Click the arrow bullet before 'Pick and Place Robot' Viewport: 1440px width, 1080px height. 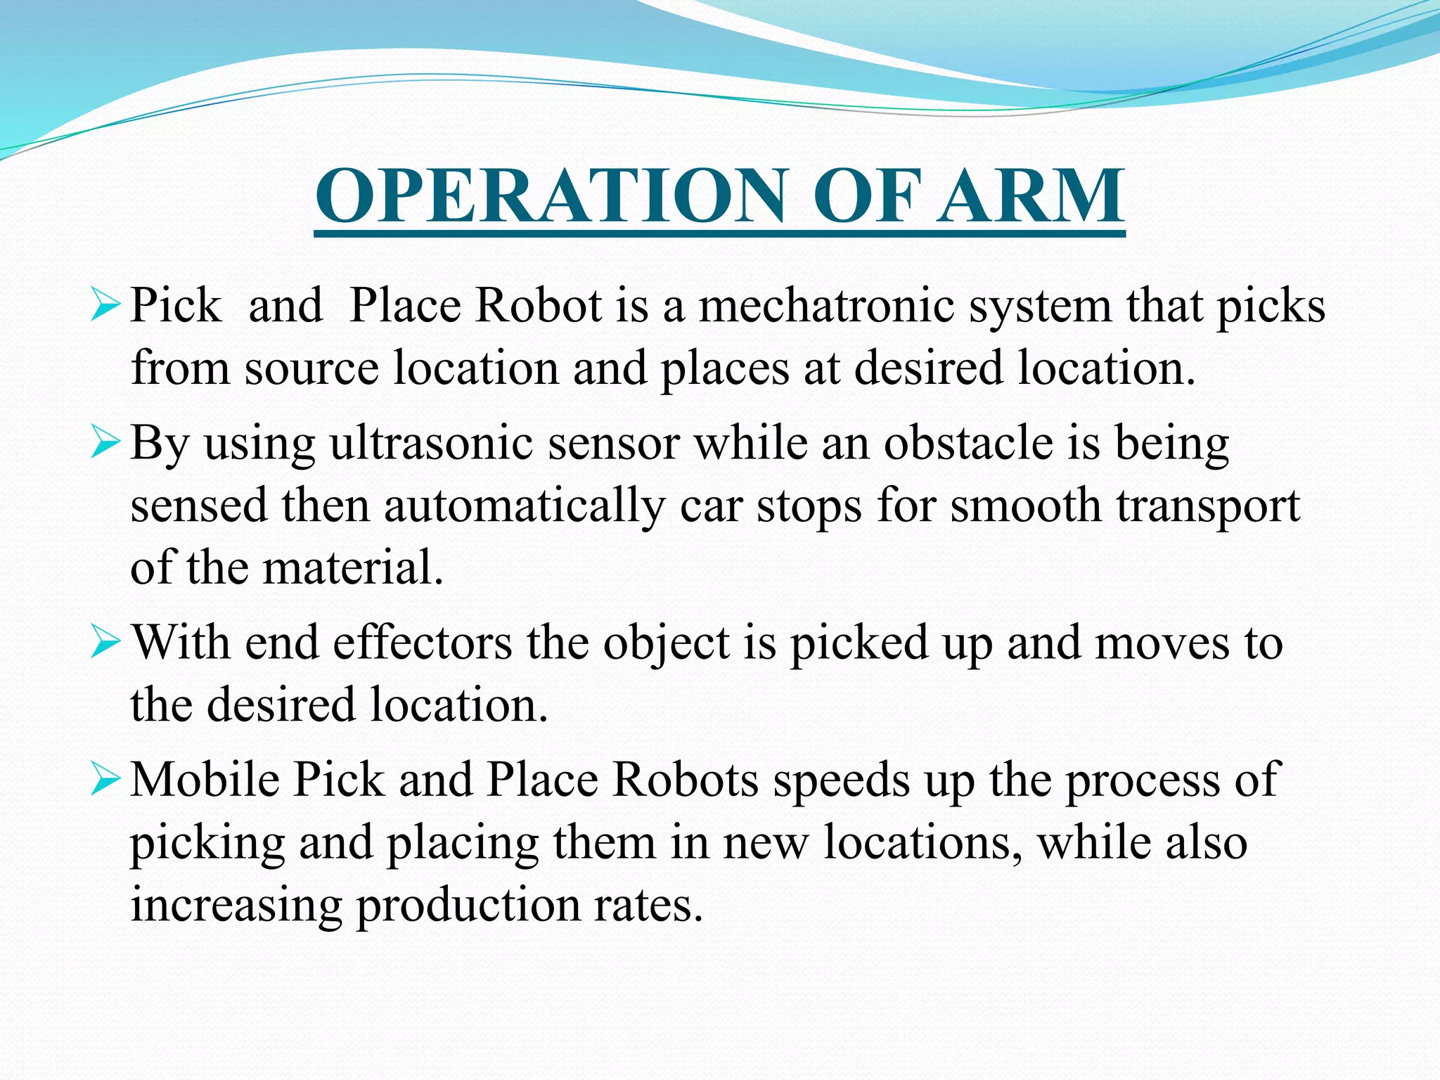pyautogui.click(x=106, y=307)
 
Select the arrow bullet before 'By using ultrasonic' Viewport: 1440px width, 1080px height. pyautogui.click(x=106, y=444)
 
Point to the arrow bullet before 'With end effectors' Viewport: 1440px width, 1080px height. pyautogui.click(x=106, y=644)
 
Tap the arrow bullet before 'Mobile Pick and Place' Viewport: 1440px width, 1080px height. pyautogui.click(x=106, y=781)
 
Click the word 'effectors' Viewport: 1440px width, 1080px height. pyautogui.click(x=423, y=643)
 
